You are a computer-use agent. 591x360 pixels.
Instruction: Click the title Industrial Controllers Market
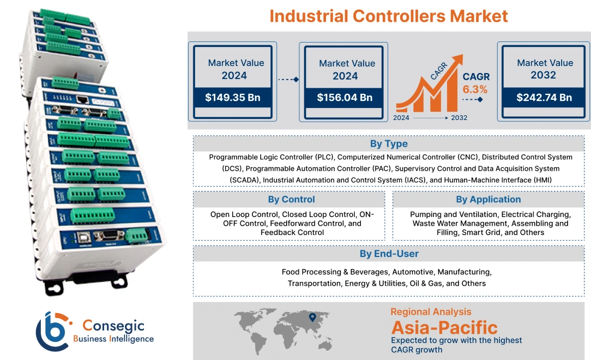pos(389,15)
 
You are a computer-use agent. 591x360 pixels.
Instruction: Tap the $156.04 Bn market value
pos(345,98)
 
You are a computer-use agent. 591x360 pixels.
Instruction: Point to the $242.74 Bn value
pos(544,98)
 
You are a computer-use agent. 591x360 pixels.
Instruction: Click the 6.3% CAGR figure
pos(475,89)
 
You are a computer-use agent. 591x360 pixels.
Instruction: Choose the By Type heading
pos(389,144)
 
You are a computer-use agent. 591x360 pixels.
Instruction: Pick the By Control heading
pos(292,199)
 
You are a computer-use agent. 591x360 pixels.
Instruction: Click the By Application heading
pos(489,199)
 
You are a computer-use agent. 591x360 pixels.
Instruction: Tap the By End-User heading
pos(389,254)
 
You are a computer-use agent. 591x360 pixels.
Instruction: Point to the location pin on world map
pos(312,317)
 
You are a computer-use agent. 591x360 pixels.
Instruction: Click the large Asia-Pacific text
pos(444,328)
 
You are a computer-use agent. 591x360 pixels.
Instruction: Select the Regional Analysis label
pos(431,312)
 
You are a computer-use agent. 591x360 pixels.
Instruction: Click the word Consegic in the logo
pos(113,326)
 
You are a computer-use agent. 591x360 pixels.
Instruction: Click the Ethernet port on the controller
pos(83,100)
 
